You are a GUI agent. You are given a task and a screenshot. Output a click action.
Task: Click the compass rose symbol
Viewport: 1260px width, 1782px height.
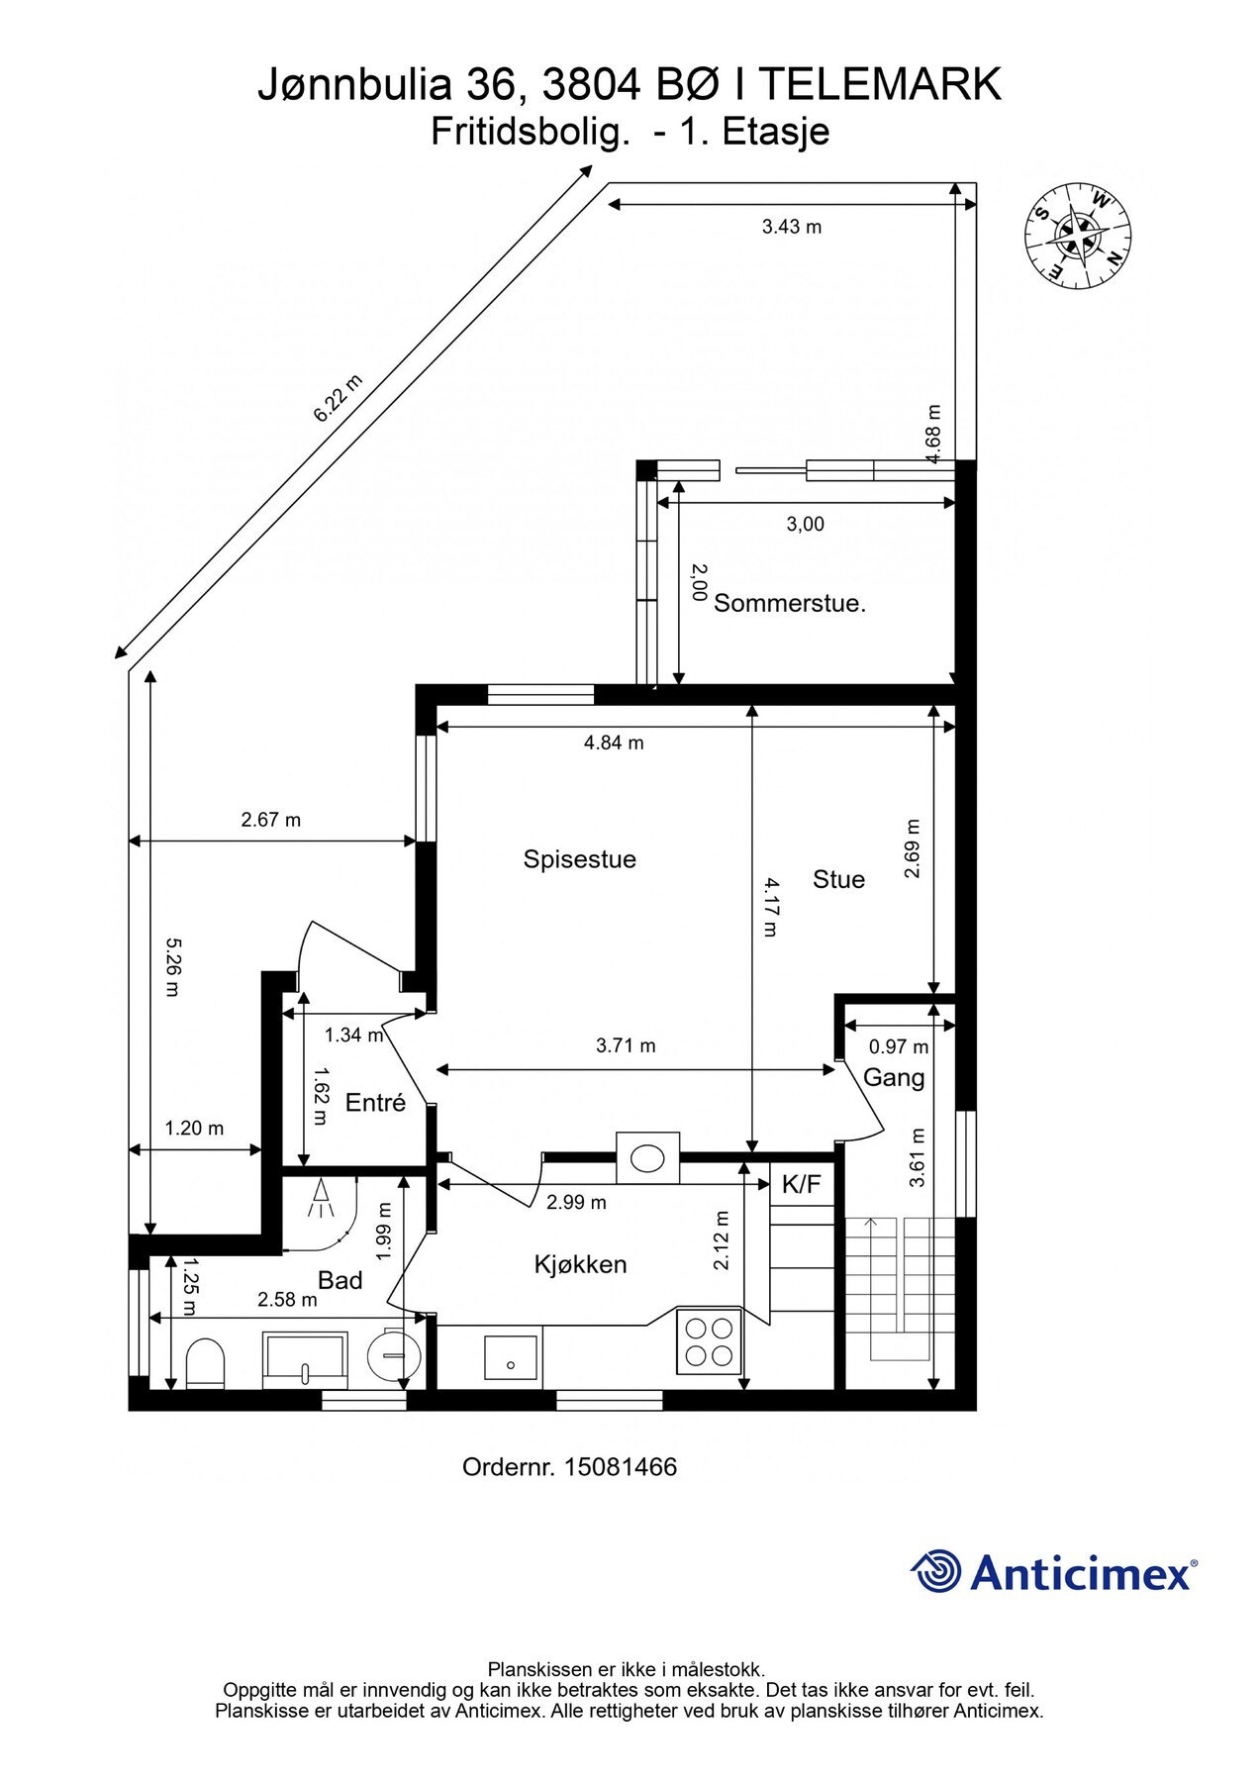pos(1078,238)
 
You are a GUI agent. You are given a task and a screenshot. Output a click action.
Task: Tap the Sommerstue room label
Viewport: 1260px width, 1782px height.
pos(790,603)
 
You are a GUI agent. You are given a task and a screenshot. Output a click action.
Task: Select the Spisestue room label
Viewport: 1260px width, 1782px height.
pos(579,859)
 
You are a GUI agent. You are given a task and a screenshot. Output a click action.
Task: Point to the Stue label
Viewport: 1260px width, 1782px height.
pos(838,879)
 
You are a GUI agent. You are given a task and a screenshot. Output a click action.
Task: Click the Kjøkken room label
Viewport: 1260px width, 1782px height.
pos(580,1264)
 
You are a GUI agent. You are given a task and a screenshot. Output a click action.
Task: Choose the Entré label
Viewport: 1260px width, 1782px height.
pos(375,1102)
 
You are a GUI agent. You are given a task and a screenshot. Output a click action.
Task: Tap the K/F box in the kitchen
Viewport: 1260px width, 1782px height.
pos(802,1185)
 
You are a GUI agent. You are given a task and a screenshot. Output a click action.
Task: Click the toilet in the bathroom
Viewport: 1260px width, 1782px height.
pos(206,1363)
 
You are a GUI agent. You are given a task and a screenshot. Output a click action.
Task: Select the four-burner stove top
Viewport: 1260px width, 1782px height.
pos(709,1340)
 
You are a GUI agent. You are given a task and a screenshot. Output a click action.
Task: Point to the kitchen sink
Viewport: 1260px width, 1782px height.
pos(512,1356)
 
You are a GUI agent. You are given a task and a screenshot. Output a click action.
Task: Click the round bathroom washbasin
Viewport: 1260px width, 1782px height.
pos(394,1352)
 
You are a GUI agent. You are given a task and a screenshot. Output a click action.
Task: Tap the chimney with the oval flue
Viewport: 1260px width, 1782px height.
pos(648,1157)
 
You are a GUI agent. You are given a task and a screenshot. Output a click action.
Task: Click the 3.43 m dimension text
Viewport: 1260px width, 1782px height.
pos(792,227)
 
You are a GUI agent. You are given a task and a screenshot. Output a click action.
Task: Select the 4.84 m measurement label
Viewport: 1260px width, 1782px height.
pos(614,742)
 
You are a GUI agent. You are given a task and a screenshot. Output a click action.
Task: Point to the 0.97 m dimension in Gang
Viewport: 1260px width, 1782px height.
pos(899,1046)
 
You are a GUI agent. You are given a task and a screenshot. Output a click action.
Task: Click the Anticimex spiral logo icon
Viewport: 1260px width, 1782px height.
pos(936,1571)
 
